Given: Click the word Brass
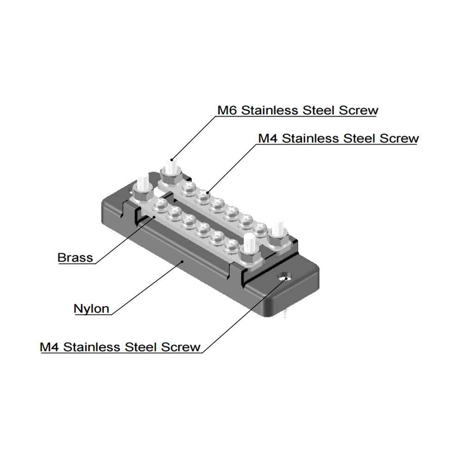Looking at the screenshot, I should pos(75,257).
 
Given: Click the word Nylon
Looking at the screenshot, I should pos(92,308).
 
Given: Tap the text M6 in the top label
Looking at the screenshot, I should pos(228,111).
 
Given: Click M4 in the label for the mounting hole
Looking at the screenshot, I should pos(50,347).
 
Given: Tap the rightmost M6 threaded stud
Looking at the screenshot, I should pos(278,228).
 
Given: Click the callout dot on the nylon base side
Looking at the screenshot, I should pos(184,262).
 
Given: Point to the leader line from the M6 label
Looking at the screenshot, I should pos(194,137).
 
